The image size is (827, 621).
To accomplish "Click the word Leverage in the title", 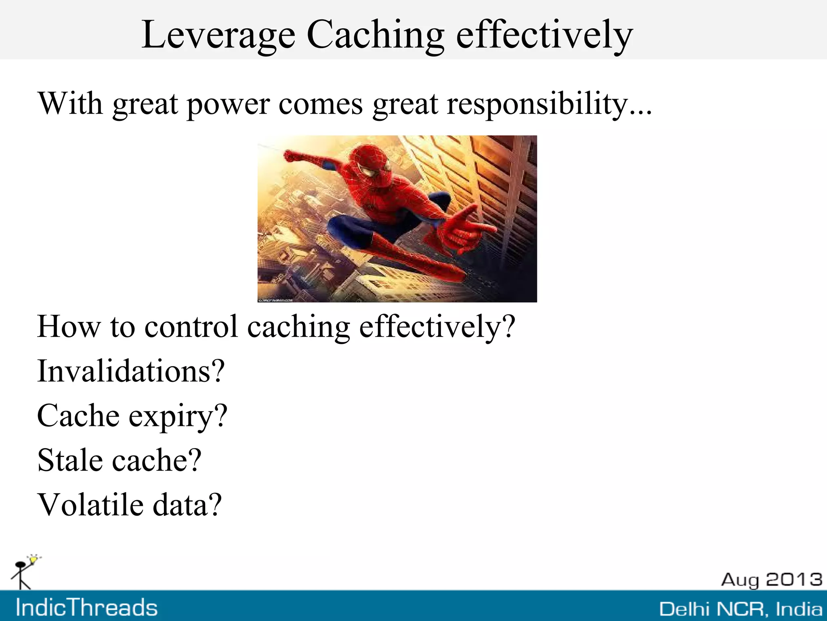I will pos(218,36).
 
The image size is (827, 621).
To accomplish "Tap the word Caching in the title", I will pos(376,36).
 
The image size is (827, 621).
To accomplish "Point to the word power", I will pos(228,104).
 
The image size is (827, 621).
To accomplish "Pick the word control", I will pos(191,326).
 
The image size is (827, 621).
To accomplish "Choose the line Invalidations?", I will pos(131,371).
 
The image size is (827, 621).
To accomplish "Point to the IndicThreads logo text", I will pos(86,608).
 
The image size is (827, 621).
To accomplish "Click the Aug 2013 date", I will pos(771,580).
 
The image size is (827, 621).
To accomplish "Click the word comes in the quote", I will pos(321,104).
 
